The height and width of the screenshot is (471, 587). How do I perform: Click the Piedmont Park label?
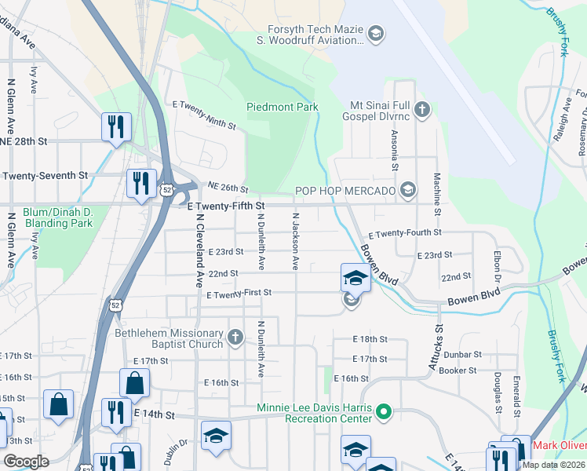(x=283, y=107)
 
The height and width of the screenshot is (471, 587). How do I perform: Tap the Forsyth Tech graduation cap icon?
(x=376, y=33)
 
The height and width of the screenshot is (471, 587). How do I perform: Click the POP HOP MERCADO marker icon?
(x=407, y=189)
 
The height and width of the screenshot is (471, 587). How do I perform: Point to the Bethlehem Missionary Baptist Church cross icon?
(x=235, y=338)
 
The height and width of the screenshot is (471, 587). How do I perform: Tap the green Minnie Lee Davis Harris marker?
(x=383, y=411)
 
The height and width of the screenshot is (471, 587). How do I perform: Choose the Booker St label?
(x=458, y=371)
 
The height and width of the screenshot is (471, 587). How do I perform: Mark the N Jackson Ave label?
(x=296, y=241)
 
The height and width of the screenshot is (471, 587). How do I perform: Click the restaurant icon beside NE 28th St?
(x=115, y=126)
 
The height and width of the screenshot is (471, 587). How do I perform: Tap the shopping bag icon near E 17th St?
(x=134, y=382)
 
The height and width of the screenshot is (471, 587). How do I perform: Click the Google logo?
(x=26, y=462)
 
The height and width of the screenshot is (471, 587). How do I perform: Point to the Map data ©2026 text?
(x=552, y=465)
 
